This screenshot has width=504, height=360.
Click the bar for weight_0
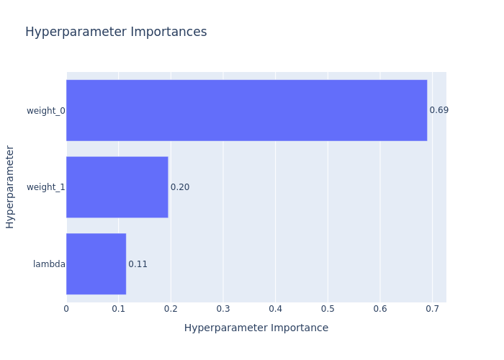click(x=246, y=110)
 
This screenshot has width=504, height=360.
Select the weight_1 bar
click(x=117, y=187)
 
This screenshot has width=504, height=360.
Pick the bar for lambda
click(x=96, y=264)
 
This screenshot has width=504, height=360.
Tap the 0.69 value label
click(x=438, y=110)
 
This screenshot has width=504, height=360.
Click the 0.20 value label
click(x=180, y=187)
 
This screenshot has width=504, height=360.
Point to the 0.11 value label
click(x=138, y=264)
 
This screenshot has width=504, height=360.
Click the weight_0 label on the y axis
click(x=46, y=110)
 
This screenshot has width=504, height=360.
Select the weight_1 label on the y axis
click(x=46, y=187)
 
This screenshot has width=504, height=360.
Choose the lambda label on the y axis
click(x=49, y=264)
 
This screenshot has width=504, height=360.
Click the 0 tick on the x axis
click(x=66, y=309)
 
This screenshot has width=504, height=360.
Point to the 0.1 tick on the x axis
click(x=119, y=309)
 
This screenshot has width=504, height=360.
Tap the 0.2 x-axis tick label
click(x=171, y=309)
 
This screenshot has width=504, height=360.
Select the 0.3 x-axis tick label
click(x=223, y=309)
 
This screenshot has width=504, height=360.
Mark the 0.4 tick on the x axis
click(x=275, y=309)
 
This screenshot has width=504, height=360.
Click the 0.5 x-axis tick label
click(x=328, y=309)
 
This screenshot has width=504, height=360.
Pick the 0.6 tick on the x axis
click(x=379, y=309)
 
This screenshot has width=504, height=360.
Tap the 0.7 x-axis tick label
click(x=432, y=309)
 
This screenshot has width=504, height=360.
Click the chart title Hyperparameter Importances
click(x=116, y=32)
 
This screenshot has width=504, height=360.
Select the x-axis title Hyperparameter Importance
click(x=256, y=328)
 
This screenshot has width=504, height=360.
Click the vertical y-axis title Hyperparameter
click(x=10, y=186)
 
